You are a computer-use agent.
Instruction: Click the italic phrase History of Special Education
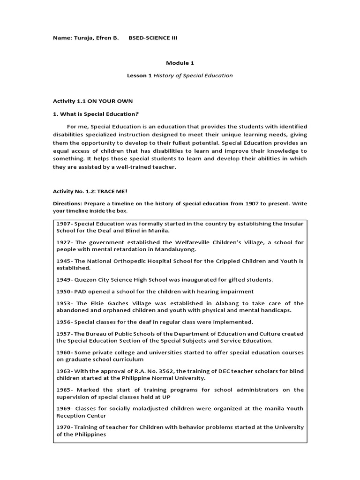click(x=193, y=75)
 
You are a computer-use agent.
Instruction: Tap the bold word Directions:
click(x=67, y=204)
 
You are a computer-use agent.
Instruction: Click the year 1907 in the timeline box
click(x=63, y=223)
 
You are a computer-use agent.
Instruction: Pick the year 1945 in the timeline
click(x=63, y=261)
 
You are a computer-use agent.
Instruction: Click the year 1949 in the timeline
click(x=63, y=279)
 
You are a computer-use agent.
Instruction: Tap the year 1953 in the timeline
click(x=63, y=303)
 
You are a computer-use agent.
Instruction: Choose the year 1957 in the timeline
click(x=63, y=334)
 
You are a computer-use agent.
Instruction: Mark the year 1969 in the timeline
click(x=63, y=408)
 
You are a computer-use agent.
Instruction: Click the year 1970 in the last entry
click(x=63, y=427)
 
